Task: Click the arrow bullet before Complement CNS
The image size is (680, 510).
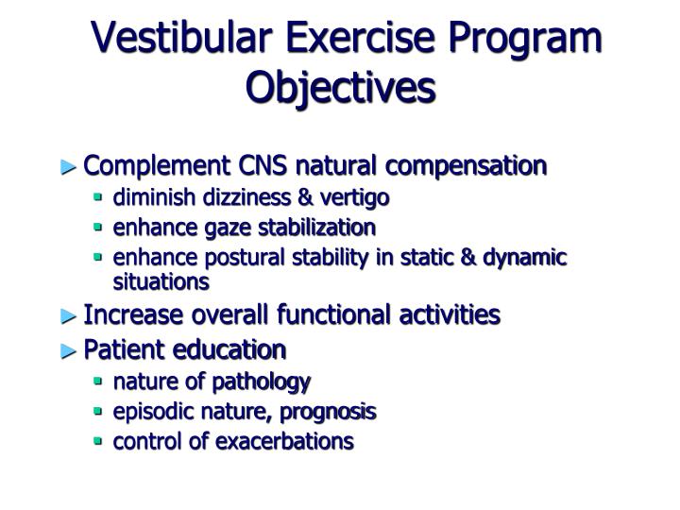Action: click(x=69, y=167)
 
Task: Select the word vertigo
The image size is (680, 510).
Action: click(x=354, y=197)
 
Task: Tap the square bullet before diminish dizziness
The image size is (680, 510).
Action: click(x=98, y=197)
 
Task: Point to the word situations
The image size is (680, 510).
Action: click(x=161, y=281)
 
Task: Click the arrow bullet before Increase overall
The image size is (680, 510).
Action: click(x=69, y=315)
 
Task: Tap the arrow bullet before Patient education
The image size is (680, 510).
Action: click(x=69, y=350)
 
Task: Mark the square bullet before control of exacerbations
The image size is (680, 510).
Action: click(x=98, y=441)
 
